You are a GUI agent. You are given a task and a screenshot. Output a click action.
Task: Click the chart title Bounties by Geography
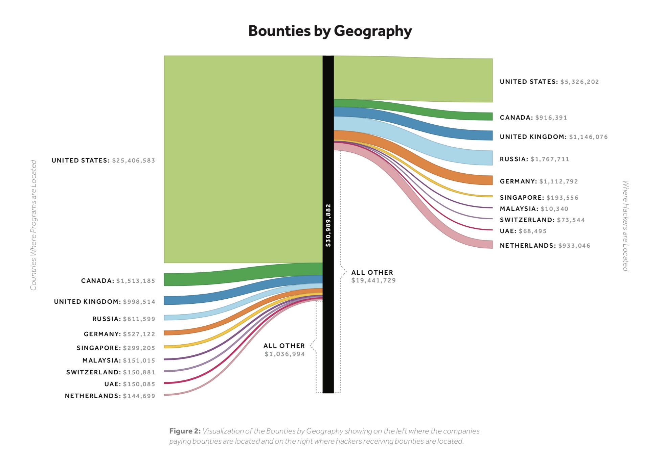330,31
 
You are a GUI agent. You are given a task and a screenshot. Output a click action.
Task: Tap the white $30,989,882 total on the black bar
328,225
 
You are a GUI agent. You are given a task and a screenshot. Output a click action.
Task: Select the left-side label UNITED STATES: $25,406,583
103,160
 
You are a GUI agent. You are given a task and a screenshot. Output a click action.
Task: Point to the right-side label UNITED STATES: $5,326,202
549,82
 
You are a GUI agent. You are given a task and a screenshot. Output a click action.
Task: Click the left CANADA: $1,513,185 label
118,281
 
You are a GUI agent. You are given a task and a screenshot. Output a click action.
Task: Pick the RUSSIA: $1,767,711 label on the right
534,159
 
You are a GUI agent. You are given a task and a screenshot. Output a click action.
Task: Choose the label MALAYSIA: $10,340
534,209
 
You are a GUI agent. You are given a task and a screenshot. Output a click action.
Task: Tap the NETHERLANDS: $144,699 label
110,396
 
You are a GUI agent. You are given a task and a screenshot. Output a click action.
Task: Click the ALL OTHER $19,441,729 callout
373,276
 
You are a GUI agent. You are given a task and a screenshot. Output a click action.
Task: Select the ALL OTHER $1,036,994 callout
284,350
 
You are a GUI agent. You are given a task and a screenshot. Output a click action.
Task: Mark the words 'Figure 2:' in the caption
185,431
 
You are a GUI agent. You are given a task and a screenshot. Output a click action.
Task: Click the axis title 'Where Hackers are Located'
625,226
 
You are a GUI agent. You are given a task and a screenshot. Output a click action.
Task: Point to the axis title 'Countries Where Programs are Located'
33,225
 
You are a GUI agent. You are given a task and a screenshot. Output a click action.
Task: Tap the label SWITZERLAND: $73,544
542,220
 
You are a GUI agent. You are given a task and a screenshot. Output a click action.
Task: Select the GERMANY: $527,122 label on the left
119,334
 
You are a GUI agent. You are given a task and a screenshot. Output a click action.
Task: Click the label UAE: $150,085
130,384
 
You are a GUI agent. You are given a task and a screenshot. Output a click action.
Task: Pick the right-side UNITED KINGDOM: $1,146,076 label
553,137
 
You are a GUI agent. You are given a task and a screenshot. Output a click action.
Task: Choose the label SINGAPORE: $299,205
116,348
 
